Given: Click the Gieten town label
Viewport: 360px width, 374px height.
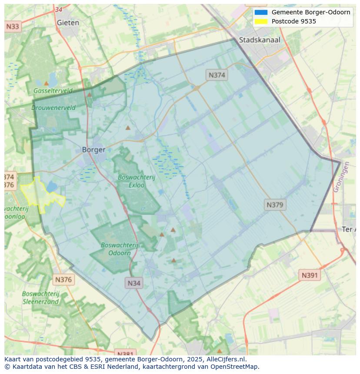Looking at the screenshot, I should [x=68, y=23].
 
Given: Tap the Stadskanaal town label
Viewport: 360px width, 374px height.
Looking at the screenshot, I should [x=260, y=40].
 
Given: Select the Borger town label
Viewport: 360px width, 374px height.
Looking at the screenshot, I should [x=93, y=150].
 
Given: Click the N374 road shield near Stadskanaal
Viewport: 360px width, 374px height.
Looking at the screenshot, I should [x=217, y=75].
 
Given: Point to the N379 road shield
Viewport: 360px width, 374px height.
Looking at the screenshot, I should [x=275, y=205].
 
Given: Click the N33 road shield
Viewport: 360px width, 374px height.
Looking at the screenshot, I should [x=13, y=27].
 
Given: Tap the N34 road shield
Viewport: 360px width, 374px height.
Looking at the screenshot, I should [x=134, y=283].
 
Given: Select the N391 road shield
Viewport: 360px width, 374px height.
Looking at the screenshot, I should [x=310, y=275].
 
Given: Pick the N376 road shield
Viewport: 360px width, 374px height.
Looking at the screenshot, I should [x=63, y=280].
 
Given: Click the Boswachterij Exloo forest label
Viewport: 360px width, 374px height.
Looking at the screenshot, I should [x=136, y=181].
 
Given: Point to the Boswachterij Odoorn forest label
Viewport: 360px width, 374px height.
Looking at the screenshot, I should [x=119, y=249].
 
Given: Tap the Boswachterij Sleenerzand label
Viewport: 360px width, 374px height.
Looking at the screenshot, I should [x=40, y=298].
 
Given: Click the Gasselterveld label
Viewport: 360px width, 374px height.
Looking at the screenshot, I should [x=53, y=91].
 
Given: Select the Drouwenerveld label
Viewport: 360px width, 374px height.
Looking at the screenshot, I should [x=53, y=108].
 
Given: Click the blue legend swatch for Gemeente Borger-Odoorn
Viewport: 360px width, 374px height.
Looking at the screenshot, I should [x=261, y=12].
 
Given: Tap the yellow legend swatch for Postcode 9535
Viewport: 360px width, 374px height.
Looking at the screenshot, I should [x=261, y=21].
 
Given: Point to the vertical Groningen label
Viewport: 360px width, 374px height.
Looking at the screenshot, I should [x=341, y=177].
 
